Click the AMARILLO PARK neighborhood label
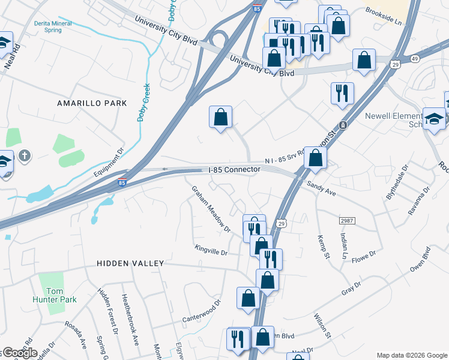coord(92,103)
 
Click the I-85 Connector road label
coord(234,170)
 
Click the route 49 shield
coord(415,58)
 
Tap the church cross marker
coord(24,156)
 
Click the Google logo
coord(19,353)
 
